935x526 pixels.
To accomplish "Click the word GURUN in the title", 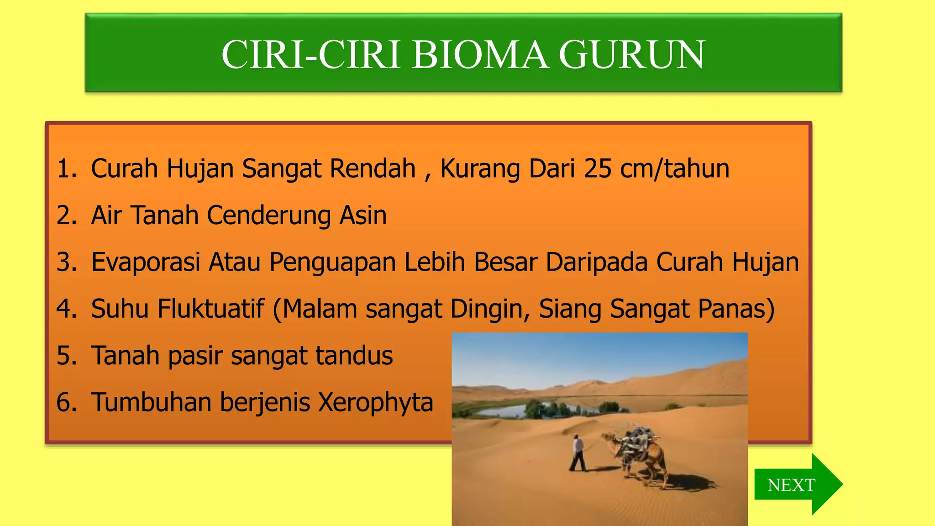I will pos(632,55).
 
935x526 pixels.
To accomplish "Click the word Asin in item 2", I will pos(363,215).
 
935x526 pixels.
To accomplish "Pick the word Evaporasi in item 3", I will pos(146,262).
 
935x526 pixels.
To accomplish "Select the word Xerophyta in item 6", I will pos(375,403).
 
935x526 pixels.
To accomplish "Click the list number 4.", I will pos(66,309).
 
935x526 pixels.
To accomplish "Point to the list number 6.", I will pos(66,403).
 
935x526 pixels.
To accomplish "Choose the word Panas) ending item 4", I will pos(738,309).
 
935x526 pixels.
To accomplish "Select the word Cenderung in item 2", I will pos(268,216).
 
